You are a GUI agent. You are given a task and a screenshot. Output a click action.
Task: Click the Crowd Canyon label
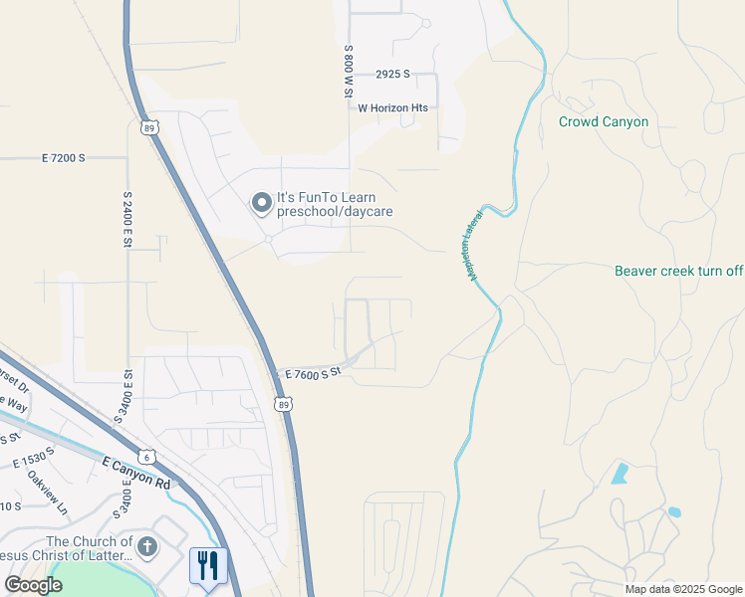pos(603,122)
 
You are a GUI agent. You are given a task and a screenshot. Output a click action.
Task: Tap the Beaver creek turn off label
pos(678,271)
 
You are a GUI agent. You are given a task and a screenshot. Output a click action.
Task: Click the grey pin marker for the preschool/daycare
pos(261,204)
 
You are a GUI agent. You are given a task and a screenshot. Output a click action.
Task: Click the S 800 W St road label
pos(349,70)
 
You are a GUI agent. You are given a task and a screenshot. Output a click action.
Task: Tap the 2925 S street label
pos(393,75)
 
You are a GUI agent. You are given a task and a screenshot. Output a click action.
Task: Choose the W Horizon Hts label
pos(392,107)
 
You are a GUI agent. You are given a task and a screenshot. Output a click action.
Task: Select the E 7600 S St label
pos(313,373)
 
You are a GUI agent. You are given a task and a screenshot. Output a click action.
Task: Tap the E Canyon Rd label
pos(137,472)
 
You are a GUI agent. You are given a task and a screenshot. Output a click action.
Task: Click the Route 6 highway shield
pos(148,457)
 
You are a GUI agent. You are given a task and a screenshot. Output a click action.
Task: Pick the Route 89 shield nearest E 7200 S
pos(148,127)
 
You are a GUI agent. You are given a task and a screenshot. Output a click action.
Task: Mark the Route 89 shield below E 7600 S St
pos(284,403)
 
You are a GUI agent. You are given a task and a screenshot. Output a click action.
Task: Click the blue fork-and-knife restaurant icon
pos(208,566)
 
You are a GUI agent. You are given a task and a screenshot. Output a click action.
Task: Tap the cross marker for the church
pos(147,546)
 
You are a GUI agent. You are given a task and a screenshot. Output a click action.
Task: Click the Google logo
pos(33,585)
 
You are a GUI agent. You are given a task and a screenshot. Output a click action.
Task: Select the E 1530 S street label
pos(35,458)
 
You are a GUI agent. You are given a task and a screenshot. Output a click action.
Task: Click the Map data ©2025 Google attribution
pos(684,589)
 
